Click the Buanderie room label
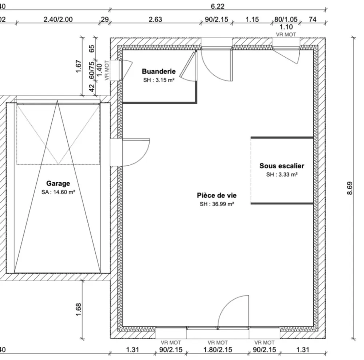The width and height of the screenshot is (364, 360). (159, 71)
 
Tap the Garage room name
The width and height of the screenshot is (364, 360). (58, 183)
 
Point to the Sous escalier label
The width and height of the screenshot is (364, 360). (282, 166)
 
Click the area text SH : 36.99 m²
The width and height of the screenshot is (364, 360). (217, 204)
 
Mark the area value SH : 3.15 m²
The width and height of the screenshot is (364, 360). (159, 80)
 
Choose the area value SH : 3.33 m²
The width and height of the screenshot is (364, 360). (282, 175)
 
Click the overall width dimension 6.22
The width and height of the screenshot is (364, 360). (218, 6)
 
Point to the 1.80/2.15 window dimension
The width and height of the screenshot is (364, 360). (218, 350)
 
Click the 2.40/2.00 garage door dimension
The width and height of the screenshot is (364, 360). (58, 19)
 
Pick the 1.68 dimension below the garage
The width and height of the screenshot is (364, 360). (79, 309)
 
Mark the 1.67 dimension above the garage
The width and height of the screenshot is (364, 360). (79, 66)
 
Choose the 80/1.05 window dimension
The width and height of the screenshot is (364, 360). (286, 19)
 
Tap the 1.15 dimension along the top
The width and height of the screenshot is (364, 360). (252, 19)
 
